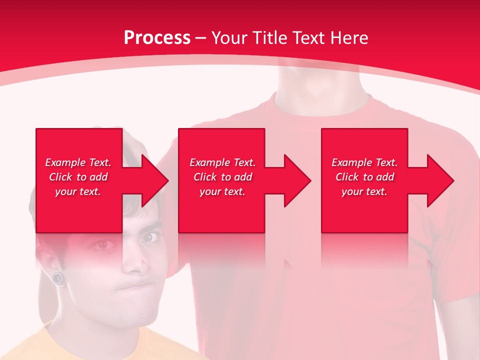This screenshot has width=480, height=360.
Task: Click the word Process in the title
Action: pyautogui.click(x=157, y=38)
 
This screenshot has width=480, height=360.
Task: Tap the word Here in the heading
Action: pyautogui.click(x=350, y=38)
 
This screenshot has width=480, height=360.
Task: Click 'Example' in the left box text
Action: pyautogui.click(x=65, y=162)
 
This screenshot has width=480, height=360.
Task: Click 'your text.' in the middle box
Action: pyautogui.click(x=222, y=191)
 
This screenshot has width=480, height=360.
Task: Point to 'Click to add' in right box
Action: pyautogui.click(x=364, y=177)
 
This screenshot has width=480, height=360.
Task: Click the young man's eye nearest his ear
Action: pyautogui.click(x=102, y=245)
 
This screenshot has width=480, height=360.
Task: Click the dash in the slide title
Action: pyautogui.click(x=201, y=38)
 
